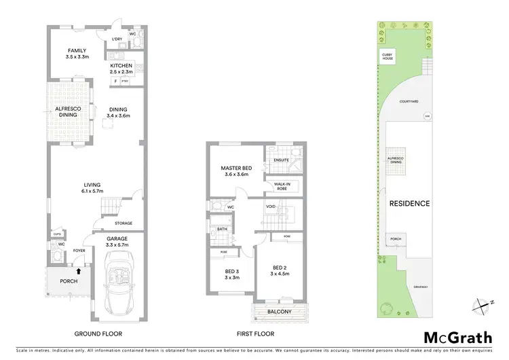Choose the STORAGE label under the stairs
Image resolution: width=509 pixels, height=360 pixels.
pos(123,223)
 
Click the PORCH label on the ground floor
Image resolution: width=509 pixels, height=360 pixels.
pos(69,281)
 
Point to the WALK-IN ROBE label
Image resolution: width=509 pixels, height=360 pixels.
pos(284,185)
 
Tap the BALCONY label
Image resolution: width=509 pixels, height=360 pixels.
pos(279,312)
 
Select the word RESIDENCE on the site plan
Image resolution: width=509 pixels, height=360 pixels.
pos(409,203)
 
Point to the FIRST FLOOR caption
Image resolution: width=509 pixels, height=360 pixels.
pos(255,334)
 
